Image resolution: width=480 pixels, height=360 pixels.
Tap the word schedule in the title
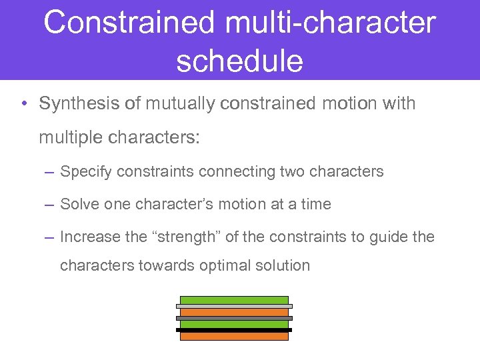[x=239, y=61]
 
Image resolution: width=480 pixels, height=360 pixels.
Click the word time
[x=315, y=204]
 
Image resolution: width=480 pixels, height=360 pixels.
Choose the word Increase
[x=89, y=237]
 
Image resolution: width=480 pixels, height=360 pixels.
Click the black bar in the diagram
[x=234, y=329]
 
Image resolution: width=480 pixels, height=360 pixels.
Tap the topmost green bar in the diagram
[x=234, y=300]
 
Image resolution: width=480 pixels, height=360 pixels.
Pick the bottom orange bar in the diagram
[x=234, y=336]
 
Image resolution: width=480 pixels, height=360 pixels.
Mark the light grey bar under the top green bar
[x=234, y=306]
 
